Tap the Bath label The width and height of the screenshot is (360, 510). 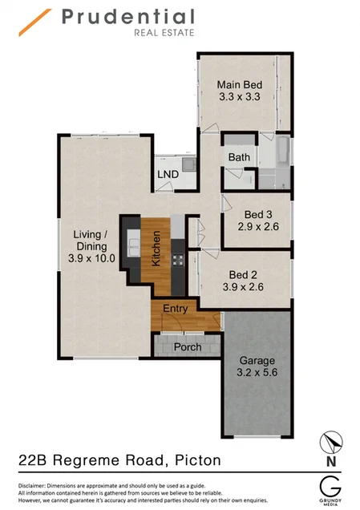(x=239, y=157)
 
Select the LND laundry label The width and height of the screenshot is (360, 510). (x=168, y=174)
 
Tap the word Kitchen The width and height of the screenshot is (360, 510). (x=157, y=248)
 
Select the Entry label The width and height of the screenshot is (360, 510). (x=176, y=309)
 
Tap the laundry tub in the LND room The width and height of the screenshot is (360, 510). (x=187, y=164)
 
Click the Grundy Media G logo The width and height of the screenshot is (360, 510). (x=330, y=487)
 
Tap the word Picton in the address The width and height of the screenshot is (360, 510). (x=193, y=460)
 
